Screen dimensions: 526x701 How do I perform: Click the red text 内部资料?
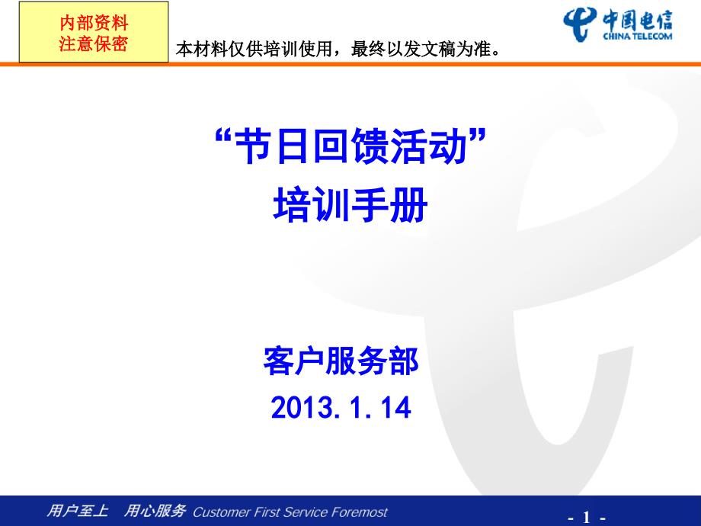[x=94, y=24]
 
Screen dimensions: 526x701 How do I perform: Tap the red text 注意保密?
[x=94, y=43]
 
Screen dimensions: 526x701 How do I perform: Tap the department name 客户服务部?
[x=341, y=361]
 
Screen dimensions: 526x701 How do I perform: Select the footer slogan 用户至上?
[x=78, y=512]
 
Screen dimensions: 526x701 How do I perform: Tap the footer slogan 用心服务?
[x=155, y=512]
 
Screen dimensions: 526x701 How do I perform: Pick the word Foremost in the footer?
[x=359, y=512]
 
